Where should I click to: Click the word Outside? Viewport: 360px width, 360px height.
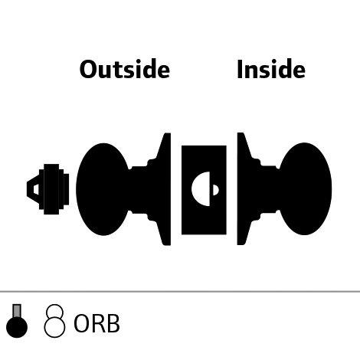[125, 69]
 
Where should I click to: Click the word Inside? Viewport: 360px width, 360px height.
[271, 69]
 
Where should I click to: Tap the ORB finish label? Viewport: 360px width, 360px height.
[97, 323]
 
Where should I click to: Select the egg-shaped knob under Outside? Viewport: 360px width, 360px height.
[103, 189]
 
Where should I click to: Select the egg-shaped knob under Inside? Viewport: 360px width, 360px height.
[305, 188]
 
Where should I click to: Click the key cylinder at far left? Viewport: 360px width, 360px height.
[48, 189]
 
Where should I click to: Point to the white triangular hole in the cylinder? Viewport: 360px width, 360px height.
[36, 189]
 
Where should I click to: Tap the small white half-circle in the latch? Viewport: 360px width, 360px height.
[216, 190]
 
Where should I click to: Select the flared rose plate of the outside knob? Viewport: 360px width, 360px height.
[163, 189]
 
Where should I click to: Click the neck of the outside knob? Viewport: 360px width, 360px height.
[139, 189]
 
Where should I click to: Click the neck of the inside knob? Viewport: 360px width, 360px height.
[270, 189]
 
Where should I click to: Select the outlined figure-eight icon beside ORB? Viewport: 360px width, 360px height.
[54, 321]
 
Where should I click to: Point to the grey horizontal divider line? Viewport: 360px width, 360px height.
[180, 291]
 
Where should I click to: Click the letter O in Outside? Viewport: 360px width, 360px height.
[87, 69]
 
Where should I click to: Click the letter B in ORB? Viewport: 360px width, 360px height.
[113, 323]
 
